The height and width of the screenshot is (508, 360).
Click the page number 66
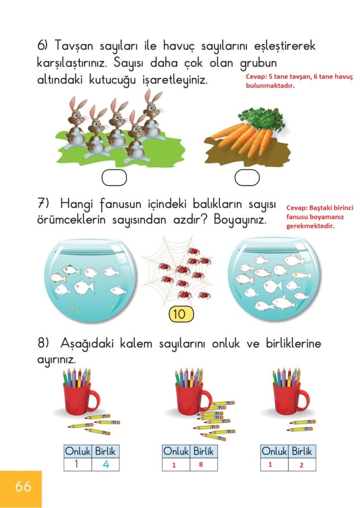(23, 486)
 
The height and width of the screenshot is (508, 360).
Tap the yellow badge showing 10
(181, 314)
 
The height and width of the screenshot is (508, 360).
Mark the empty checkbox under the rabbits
(114, 178)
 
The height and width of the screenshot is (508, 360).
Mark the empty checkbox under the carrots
(247, 178)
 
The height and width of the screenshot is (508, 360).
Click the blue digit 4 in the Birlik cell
(106, 464)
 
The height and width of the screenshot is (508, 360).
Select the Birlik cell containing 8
(203, 464)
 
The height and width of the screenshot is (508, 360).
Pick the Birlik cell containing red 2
(301, 464)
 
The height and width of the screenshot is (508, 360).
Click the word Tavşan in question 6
(74, 46)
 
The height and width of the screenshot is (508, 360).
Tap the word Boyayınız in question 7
(240, 220)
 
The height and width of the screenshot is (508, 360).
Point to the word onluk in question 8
(226, 343)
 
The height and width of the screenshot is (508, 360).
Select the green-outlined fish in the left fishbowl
(71, 269)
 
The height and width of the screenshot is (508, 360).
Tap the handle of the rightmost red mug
(304, 401)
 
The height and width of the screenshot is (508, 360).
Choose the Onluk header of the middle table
(176, 451)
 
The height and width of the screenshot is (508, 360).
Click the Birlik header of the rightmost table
(301, 451)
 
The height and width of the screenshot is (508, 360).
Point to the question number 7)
(43, 203)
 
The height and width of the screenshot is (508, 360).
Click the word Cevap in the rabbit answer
(256, 77)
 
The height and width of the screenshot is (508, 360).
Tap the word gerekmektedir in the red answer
(310, 226)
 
